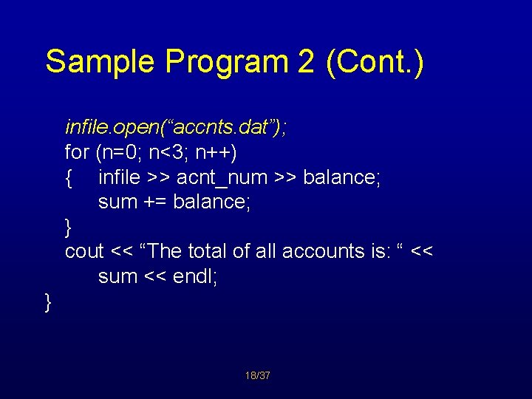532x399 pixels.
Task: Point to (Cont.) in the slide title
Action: pyautogui.click(x=375, y=61)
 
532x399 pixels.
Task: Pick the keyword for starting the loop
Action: pyautogui.click(x=77, y=153)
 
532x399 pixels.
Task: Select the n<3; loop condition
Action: pyautogui.click(x=169, y=153)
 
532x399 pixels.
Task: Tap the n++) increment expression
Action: pyautogui.click(x=214, y=153)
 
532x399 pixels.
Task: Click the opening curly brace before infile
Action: pyautogui.click(x=69, y=178)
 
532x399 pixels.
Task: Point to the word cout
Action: pyautogui.click(x=84, y=251)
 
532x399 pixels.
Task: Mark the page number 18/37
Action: pyautogui.click(x=257, y=376)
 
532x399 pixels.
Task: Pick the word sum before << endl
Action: pyautogui.click(x=118, y=276)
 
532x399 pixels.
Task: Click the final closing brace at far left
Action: pyautogui.click(x=48, y=301)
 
